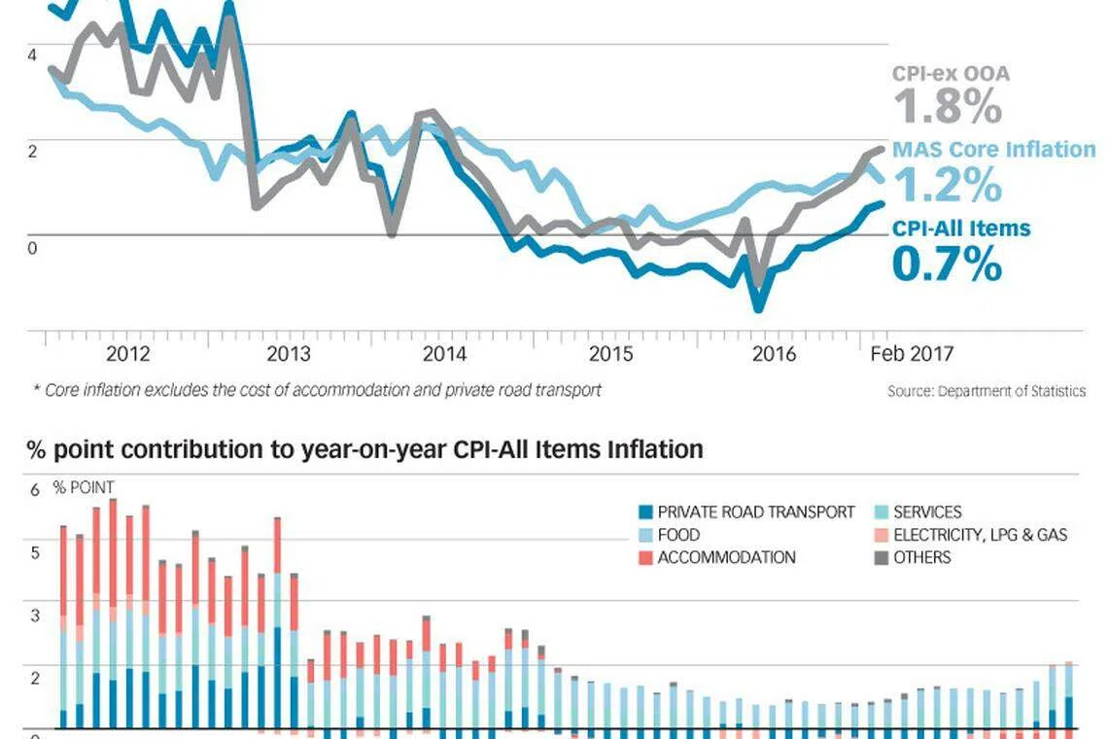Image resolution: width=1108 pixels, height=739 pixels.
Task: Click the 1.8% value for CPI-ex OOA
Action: (x=946, y=107)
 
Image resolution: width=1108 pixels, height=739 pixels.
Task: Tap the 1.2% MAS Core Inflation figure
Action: (x=946, y=185)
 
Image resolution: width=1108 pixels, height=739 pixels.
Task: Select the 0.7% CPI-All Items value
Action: (x=946, y=264)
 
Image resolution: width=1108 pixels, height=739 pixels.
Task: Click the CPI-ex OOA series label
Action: (x=950, y=73)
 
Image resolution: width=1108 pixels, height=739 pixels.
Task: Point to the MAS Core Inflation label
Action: (x=993, y=150)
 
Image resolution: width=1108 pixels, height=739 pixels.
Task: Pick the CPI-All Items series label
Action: (x=960, y=229)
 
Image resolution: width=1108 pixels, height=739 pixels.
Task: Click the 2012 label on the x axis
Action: (x=127, y=353)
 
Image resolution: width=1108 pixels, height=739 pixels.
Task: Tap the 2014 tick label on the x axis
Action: (x=445, y=353)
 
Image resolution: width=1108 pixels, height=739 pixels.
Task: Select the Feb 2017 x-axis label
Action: (x=911, y=353)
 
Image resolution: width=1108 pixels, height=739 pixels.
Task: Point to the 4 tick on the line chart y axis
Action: (x=32, y=55)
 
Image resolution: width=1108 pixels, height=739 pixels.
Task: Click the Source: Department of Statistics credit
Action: (x=986, y=391)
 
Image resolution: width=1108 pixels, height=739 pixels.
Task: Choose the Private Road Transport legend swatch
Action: (x=644, y=511)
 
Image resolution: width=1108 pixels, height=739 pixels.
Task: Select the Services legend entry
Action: (x=926, y=511)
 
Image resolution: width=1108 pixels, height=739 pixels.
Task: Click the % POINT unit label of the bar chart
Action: (x=84, y=487)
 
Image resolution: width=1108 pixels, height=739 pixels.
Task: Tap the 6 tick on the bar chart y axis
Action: (x=35, y=490)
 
